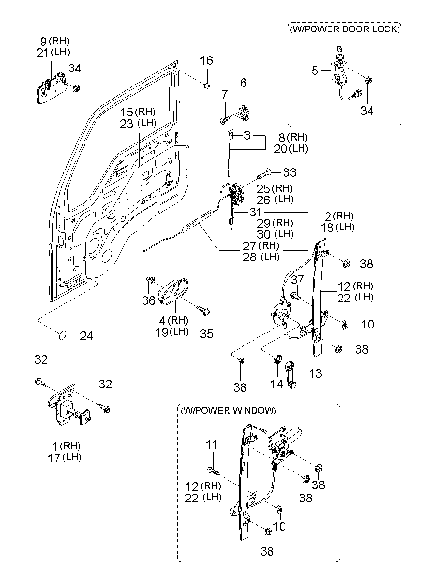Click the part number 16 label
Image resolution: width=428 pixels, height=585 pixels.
(206, 61)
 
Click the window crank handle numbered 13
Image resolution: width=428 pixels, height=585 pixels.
(293, 374)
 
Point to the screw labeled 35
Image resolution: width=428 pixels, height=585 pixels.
(205, 310)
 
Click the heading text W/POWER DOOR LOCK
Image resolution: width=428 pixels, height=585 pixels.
(344, 29)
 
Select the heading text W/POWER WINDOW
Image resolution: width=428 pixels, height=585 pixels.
(228, 411)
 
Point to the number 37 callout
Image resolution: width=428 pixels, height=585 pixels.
(297, 280)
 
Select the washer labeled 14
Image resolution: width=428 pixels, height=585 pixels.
(277, 359)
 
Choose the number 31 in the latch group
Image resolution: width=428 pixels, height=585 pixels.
(256, 212)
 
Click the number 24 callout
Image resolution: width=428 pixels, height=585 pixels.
(86, 336)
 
